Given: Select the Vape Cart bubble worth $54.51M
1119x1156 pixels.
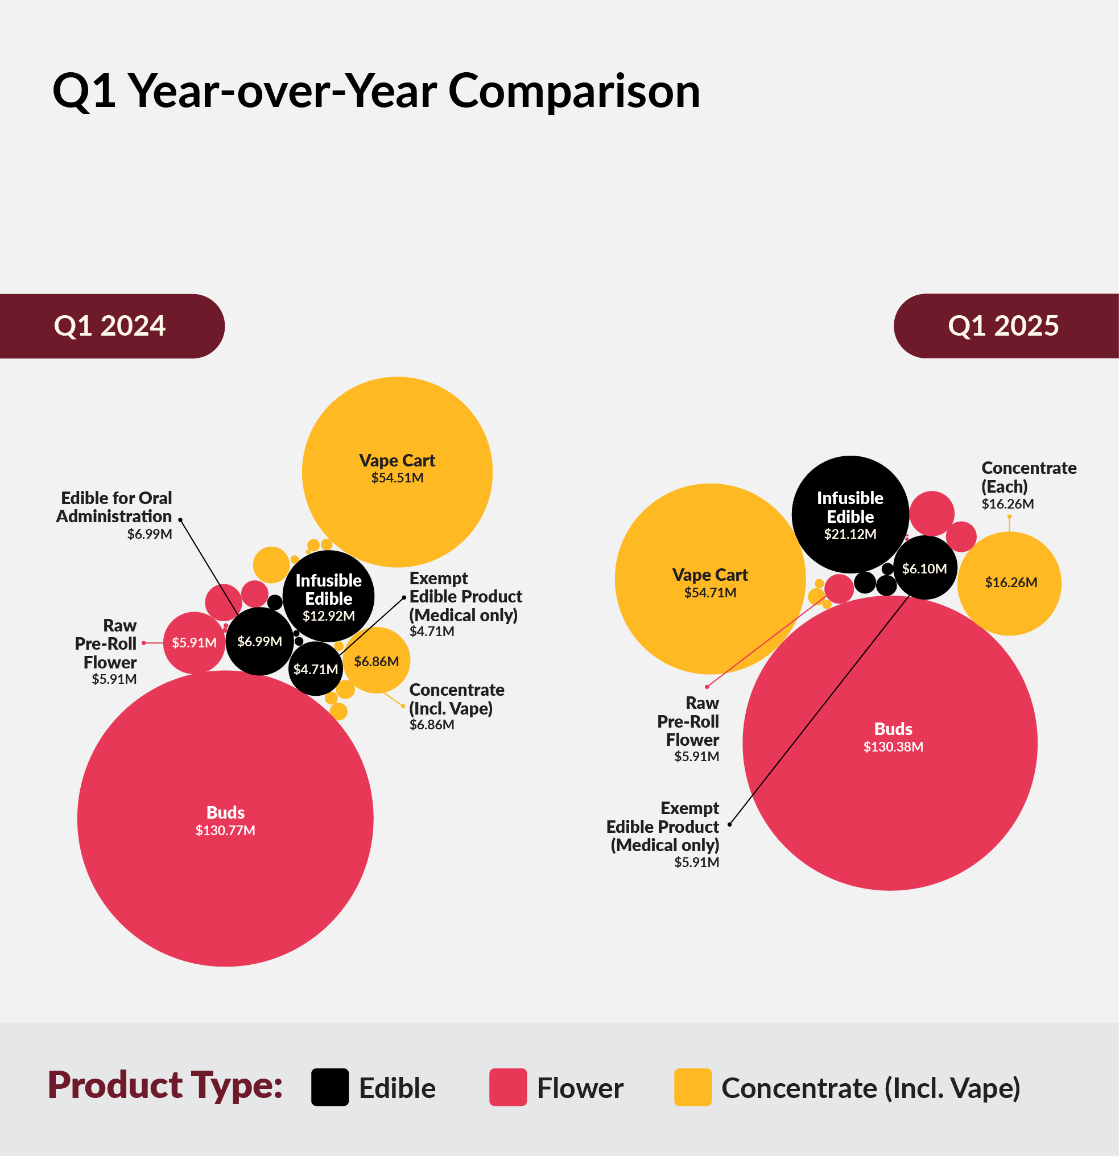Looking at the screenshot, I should pos(397,472).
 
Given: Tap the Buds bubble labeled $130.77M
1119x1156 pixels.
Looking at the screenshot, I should pos(225,820).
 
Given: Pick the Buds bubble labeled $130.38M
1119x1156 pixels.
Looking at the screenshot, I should pos(891,743).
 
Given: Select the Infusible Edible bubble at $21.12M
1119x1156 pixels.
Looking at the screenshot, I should pos(850,514).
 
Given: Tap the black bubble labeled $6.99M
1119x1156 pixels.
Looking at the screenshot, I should pos(259,642).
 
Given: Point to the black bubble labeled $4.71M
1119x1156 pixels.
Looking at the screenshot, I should pos(316,669).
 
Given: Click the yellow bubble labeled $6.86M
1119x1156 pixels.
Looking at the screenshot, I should pos(377,660).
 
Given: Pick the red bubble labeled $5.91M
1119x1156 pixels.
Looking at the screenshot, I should pos(194,643).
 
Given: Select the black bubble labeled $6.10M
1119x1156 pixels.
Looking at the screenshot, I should pos(924,568).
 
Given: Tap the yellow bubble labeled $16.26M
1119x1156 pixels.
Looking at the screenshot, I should pos(1010,583).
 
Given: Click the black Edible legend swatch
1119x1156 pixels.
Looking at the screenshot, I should pos(330,1088).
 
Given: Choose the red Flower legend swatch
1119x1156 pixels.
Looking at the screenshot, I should pos(508,1088).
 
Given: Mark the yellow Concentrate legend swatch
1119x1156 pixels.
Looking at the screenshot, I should pos(692,1088).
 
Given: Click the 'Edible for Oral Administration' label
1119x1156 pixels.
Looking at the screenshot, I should pos(115,507).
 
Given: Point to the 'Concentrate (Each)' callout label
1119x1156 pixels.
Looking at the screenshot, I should pos(1028,477).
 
